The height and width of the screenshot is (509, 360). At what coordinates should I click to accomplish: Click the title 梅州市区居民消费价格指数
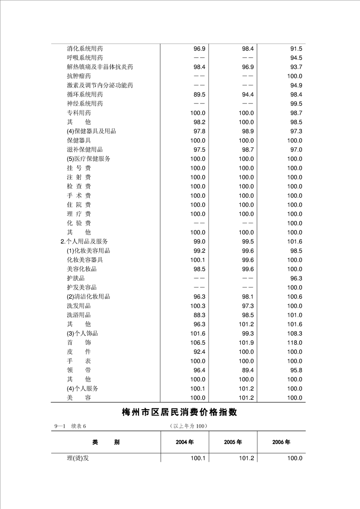[x=180, y=412]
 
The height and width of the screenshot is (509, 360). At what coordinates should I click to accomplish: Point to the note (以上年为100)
[x=187, y=426]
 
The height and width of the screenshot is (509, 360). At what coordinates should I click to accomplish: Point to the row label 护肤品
[x=75, y=278]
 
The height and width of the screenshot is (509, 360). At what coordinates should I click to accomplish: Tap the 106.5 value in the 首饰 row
[x=197, y=343]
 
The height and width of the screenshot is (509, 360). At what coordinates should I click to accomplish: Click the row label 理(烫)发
[x=78, y=458]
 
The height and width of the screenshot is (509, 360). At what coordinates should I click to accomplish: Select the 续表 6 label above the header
[x=78, y=426]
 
